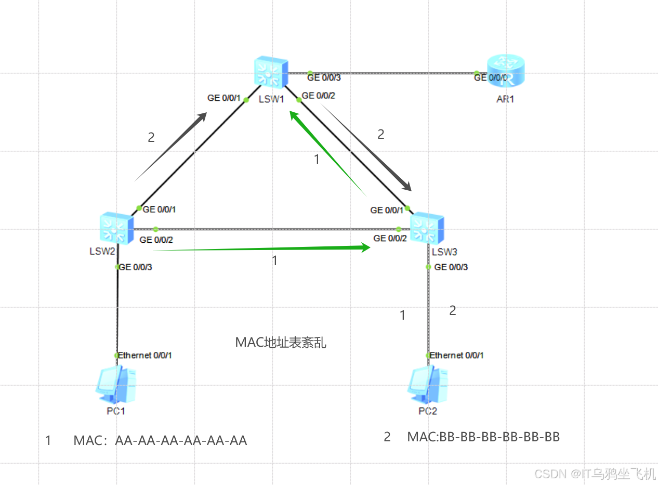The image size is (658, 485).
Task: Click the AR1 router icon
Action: point(506,73)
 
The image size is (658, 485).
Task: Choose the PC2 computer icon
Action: point(428,385)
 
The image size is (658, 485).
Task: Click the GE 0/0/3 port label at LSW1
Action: point(324,77)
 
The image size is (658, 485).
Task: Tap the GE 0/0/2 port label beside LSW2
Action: point(156,240)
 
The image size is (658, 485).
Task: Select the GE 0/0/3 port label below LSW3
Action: point(451,267)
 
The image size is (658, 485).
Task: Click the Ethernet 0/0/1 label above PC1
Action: point(145,356)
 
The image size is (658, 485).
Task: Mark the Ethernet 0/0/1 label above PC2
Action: point(457,356)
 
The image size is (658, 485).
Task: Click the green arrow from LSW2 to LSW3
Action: point(262,248)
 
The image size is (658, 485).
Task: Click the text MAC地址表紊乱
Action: point(281,343)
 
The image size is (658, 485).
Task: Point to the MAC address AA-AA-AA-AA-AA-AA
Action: point(181,441)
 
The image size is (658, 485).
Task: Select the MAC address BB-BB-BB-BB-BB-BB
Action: point(499,437)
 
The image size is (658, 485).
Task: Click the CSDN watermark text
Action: point(595,474)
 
